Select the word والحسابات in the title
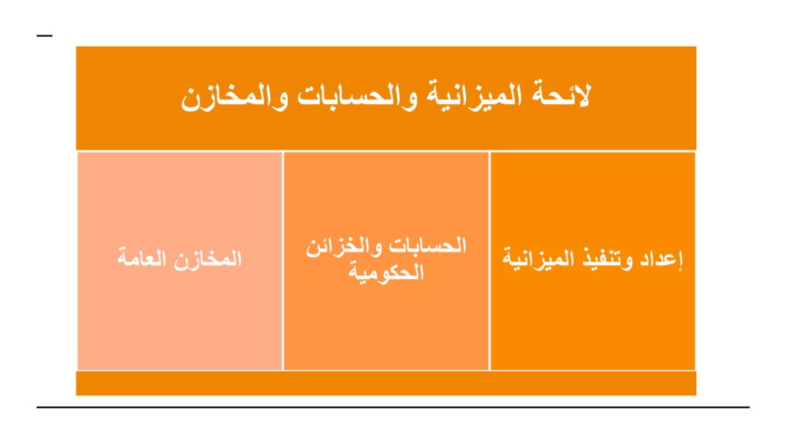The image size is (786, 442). point(356,96)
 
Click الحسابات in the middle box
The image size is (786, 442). point(428,245)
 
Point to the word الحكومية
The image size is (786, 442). point(386,272)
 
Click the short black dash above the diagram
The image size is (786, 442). point(44,35)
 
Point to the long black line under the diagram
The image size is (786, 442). point(393,407)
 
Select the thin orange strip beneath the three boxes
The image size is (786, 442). point(386,384)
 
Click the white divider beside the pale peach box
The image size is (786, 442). point(283,261)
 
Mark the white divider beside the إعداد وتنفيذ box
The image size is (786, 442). point(489,261)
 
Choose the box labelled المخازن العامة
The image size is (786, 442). point(180,261)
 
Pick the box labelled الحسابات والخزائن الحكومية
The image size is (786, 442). point(386,261)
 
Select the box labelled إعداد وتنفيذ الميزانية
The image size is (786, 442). point(593,261)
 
